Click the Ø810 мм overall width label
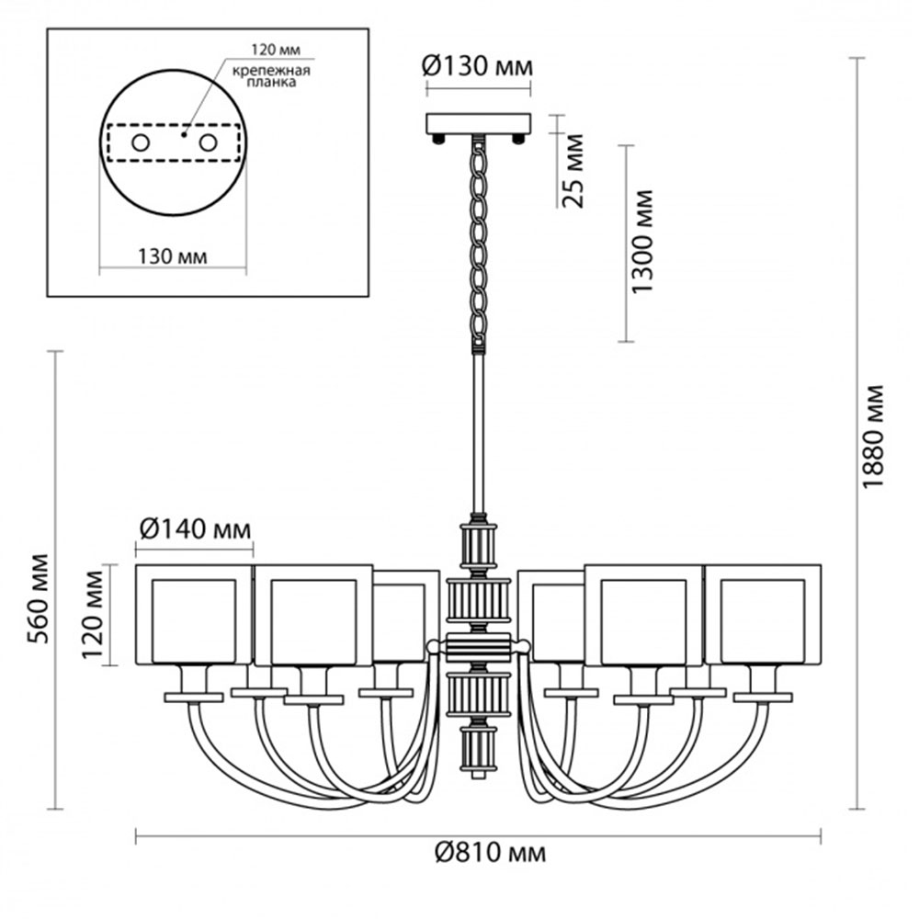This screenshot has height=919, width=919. point(490,853)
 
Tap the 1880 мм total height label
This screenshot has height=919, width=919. point(873,436)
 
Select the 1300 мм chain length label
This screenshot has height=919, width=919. point(641,242)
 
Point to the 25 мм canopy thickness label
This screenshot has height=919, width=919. point(573,171)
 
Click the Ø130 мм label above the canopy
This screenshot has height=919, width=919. point(477,67)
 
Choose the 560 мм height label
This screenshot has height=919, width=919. point(40,598)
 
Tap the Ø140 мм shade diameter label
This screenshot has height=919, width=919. point(195,530)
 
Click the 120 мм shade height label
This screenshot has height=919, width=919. point(93,614)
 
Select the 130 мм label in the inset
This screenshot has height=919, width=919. point(173,256)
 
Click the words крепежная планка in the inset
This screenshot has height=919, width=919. point(271,77)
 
